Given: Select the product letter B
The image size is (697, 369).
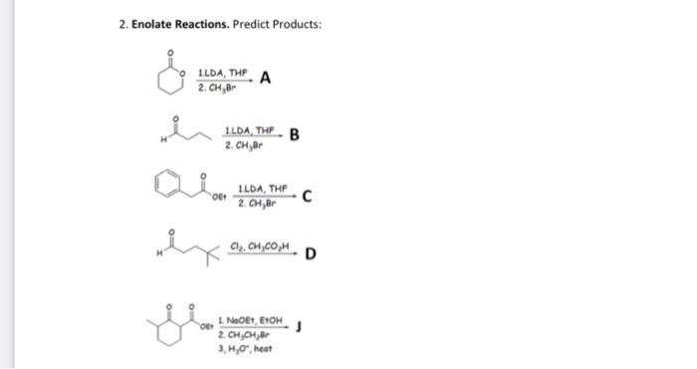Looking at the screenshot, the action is coord(295,136).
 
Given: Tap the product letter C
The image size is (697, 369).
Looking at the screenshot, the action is coord(310,195).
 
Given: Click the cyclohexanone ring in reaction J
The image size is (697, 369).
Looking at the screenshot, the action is coord(175,327).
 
